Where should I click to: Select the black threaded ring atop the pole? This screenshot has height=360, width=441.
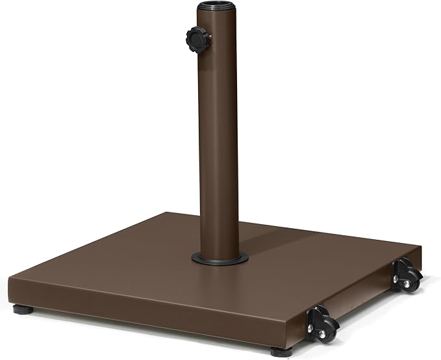tap(219, 11)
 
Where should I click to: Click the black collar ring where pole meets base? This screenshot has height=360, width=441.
tap(220, 258)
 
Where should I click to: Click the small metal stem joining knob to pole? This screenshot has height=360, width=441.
tap(207, 39)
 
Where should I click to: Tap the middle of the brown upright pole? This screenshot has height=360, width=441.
tap(219, 130)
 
